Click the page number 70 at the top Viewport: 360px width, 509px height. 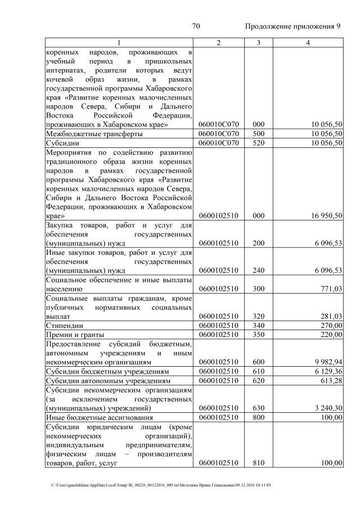point(196,26)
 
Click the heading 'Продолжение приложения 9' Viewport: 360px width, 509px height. point(293,26)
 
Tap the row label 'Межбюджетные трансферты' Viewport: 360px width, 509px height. point(86,134)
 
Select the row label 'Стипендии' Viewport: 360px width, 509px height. point(65,325)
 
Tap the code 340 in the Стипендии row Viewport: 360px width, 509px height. point(258,325)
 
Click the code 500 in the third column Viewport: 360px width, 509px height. point(258,134)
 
